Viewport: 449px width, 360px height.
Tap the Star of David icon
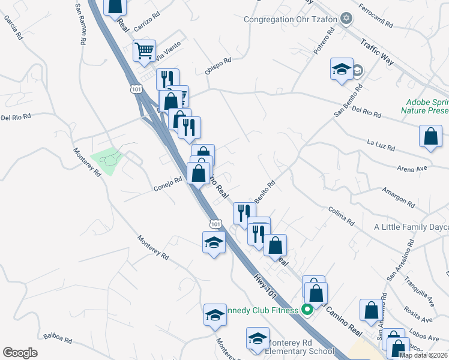point(345,19)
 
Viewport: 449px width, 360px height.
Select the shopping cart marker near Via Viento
point(144,52)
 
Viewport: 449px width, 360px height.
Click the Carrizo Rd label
point(147,23)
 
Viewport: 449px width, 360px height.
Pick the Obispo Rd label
point(218,65)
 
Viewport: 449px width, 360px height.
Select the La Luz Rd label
point(381,145)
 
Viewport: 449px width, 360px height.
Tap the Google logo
point(20,353)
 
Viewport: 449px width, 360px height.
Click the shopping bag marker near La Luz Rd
point(430,136)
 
